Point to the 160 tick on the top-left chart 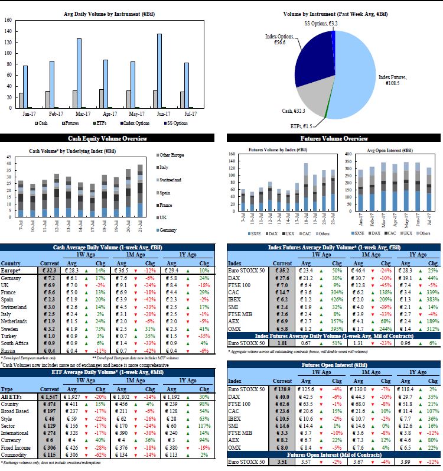(x=8, y=20)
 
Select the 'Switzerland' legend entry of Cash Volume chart (x=170, y=180)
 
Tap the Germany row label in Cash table (x=11, y=278)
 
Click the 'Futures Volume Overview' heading (x=334, y=138)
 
